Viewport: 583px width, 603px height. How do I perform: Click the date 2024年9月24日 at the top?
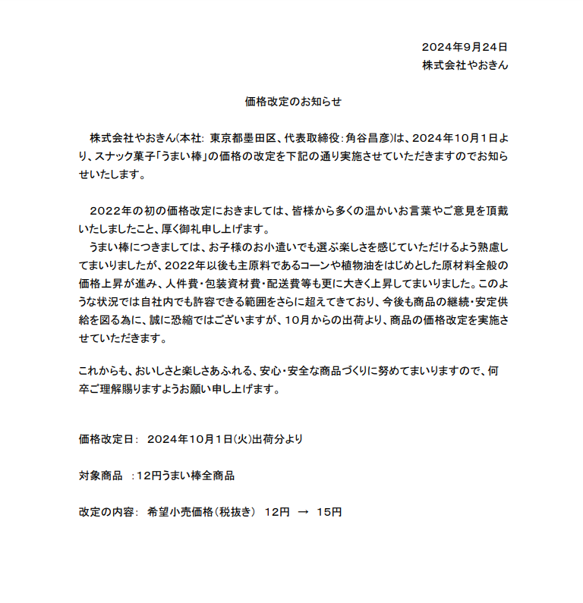coord(464,47)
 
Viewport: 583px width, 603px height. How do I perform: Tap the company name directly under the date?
coord(465,65)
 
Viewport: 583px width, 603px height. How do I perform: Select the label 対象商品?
coord(100,476)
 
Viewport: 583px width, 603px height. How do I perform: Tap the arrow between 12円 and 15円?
coord(303,512)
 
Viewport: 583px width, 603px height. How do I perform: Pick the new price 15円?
coord(329,512)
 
